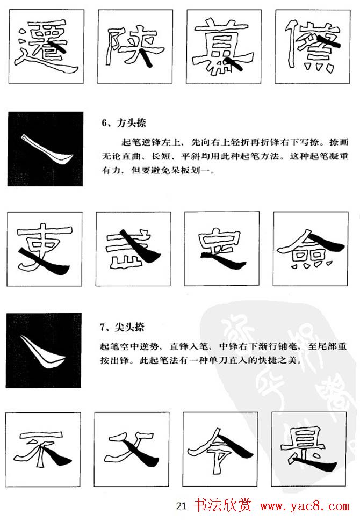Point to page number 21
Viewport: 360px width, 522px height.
181,506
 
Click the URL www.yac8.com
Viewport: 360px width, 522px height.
305,506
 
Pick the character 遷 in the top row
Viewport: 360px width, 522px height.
46,47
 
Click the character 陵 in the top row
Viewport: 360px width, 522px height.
134,47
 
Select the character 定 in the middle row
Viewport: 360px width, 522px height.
220,249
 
